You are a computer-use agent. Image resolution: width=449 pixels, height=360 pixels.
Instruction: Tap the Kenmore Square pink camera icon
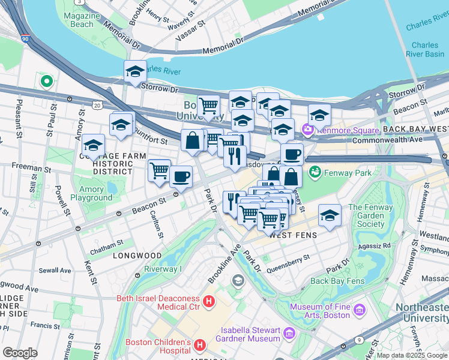[x=309, y=129]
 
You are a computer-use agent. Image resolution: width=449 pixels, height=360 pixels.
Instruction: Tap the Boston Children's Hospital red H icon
[x=200, y=346]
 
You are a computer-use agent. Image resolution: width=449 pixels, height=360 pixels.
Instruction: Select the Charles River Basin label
[x=424, y=49]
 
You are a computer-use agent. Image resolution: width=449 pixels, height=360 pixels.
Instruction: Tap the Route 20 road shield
[x=97, y=105]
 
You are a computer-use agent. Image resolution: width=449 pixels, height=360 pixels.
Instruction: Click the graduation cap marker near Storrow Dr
[x=136, y=72]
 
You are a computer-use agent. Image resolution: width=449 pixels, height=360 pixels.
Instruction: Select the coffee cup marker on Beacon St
[x=181, y=176]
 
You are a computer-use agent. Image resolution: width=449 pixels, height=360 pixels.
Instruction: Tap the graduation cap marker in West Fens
[x=330, y=215]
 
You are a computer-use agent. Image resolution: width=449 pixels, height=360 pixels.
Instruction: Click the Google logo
[x=20, y=352]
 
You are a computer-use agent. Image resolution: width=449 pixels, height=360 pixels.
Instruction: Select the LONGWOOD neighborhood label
[x=136, y=256]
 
